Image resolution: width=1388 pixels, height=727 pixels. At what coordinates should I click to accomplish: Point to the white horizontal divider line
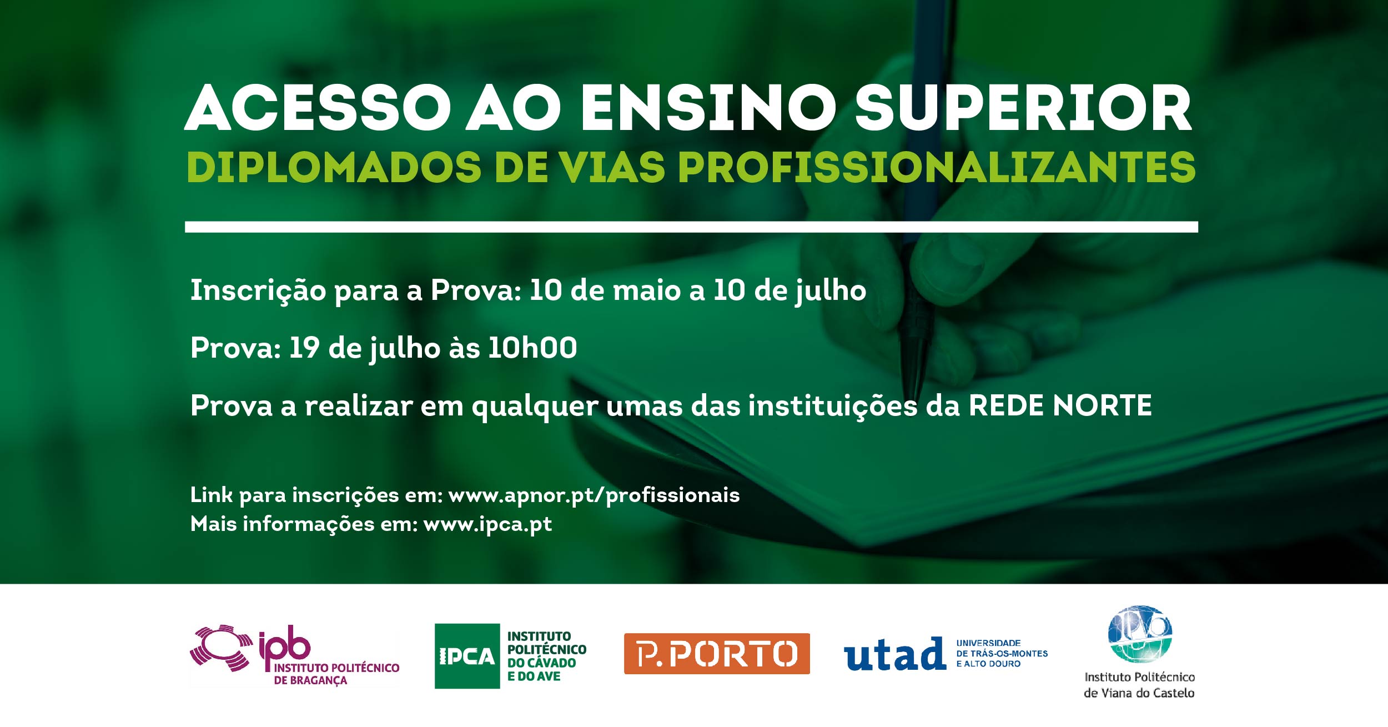(691, 227)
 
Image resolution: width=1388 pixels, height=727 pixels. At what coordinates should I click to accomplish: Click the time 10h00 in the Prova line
(532, 348)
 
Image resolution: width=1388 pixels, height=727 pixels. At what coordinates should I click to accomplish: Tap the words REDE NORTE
(1060, 405)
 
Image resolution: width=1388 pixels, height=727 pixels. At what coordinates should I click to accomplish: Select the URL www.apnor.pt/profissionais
(594, 495)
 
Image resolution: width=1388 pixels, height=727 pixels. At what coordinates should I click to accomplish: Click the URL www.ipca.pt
(487, 524)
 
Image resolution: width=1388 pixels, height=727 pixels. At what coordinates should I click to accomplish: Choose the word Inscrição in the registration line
(258, 290)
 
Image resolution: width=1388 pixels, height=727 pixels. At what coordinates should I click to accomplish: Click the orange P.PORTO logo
(717, 654)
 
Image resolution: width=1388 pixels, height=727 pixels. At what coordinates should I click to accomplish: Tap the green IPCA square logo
(467, 656)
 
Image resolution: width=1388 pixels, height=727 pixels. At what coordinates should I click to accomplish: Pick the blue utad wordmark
(894, 654)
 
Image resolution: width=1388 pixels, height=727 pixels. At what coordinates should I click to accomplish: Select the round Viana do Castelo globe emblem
(1140, 634)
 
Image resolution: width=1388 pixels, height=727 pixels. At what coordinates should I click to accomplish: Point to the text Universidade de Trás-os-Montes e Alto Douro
(1002, 653)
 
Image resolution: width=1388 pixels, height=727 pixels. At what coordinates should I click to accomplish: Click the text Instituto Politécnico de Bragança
(336, 674)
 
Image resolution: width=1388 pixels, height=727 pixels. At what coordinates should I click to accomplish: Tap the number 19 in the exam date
(304, 348)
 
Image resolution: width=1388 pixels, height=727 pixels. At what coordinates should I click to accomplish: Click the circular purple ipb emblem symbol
(221, 648)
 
